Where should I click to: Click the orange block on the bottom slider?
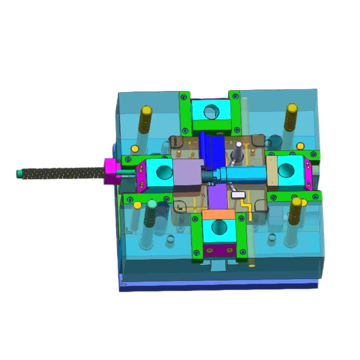click(x=219, y=215)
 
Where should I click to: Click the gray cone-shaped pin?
click(x=238, y=153)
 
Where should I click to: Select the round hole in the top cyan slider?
click(x=211, y=112)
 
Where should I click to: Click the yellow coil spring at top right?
click(x=291, y=117)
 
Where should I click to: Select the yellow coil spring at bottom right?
click(x=295, y=211)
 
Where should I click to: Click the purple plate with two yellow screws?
click(x=219, y=250)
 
